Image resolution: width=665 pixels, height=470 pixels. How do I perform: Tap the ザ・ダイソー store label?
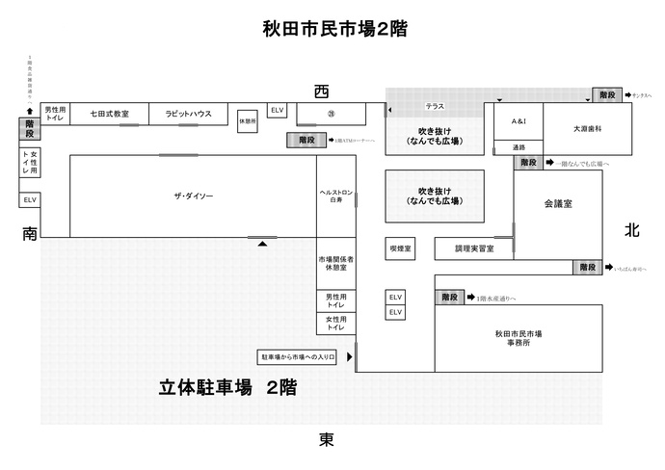194,196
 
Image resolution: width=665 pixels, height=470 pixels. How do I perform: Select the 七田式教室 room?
110,114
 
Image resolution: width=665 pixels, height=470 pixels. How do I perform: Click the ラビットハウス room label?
188,114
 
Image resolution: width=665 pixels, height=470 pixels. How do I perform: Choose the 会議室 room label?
558,205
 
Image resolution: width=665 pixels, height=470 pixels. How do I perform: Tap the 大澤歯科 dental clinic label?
587,128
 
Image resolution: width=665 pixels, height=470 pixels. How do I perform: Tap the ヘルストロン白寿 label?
336,198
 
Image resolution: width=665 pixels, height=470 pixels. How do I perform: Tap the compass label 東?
327,440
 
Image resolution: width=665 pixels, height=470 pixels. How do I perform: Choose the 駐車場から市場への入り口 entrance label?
297,356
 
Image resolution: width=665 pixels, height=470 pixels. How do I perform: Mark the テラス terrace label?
435,105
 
